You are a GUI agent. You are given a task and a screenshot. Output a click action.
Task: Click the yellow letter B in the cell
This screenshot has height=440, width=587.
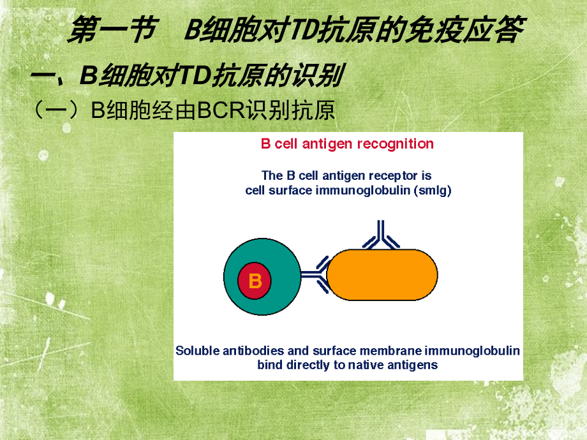point(255,281)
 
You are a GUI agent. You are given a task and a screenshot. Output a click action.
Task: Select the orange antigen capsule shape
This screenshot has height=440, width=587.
point(382,274)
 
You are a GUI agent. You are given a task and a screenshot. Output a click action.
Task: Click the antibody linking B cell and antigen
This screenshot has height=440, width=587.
point(315,275)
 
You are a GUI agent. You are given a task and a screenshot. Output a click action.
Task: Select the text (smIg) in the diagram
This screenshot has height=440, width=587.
point(432,191)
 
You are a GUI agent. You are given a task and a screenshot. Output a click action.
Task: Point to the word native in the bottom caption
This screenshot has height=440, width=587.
point(373,365)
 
